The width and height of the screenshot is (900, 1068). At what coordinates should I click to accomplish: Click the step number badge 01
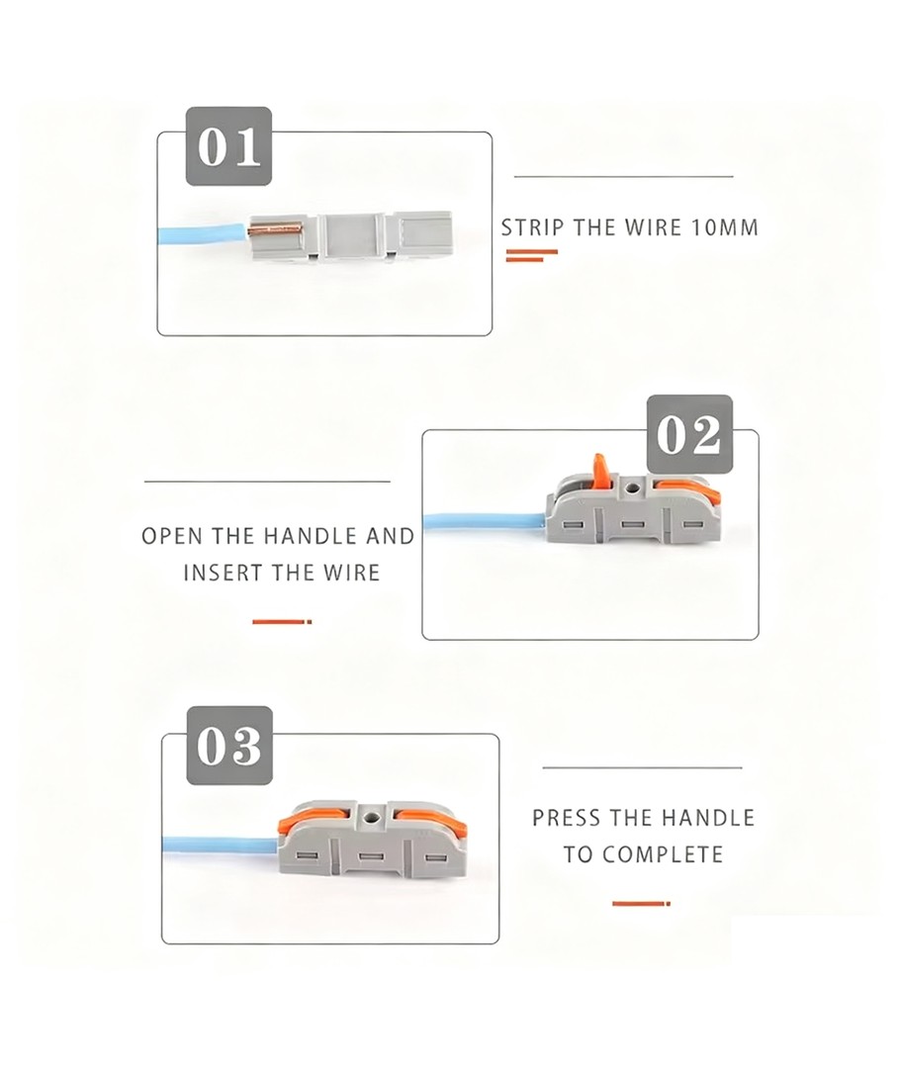[229, 146]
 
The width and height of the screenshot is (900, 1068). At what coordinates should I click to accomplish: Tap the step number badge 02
[689, 435]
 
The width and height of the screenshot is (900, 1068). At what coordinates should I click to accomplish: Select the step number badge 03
[229, 747]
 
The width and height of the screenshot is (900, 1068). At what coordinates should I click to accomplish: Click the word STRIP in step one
[533, 227]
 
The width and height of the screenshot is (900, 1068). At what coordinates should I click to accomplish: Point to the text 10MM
[724, 227]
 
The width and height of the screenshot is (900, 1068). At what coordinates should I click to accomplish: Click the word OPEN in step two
[173, 536]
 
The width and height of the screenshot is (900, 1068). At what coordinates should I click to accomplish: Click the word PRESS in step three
[566, 818]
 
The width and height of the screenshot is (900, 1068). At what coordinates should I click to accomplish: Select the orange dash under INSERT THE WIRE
[281, 621]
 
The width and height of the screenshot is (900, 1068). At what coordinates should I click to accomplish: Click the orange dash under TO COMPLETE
[640, 903]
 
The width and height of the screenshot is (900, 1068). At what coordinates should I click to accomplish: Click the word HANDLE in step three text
[708, 818]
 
